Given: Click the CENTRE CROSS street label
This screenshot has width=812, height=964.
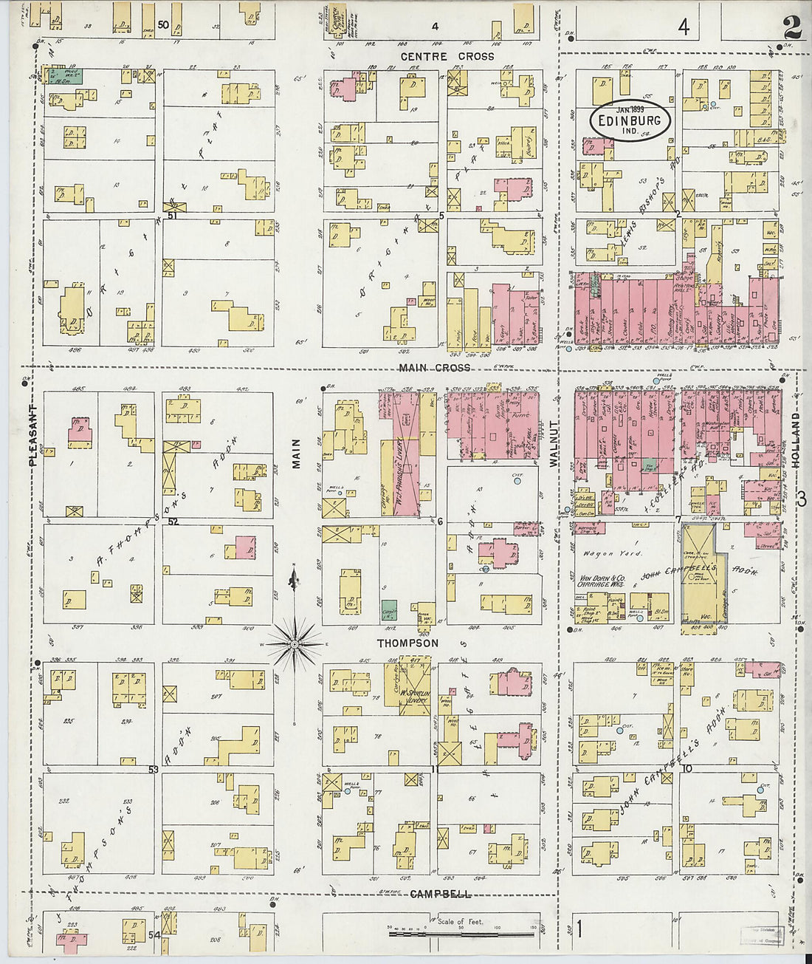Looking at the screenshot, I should [447, 56].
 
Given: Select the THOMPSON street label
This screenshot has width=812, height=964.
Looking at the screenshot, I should [407, 643].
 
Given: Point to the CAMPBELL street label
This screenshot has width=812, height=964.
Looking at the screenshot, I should [440, 894].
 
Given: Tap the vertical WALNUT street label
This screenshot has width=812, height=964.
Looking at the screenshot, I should [554, 442].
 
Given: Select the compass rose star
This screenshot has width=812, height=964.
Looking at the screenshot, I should [295, 644].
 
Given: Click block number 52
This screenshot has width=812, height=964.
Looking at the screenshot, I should [173, 522].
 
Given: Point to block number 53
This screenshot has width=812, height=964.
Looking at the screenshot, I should [154, 770].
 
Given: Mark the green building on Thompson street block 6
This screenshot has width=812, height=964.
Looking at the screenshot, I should [389, 611].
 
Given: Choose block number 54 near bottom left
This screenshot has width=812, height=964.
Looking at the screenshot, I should [154, 934].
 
